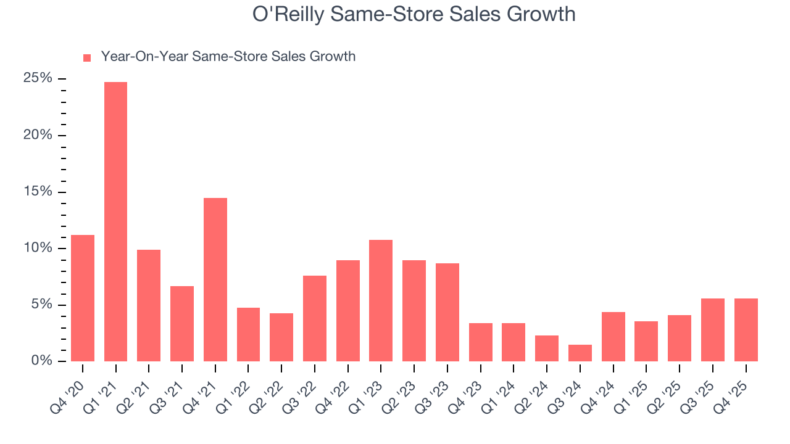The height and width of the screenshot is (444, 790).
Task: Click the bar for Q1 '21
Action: coord(115,222)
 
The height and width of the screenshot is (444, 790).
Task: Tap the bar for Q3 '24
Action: coord(580,353)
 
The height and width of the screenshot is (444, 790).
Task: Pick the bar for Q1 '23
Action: coord(381,300)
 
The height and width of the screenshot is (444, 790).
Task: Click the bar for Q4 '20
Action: coord(83,298)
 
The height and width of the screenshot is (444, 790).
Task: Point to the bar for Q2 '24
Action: coord(547,348)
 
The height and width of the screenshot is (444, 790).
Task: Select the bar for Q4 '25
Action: coord(746,330)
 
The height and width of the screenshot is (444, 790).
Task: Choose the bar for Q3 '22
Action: coord(315,318)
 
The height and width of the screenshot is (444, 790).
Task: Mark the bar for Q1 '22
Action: coord(248,334)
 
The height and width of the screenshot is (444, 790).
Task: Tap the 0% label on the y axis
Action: coord(41,361)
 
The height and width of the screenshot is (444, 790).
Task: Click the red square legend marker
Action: coord(87,57)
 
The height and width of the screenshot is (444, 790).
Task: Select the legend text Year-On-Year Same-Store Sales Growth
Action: coord(228,57)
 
